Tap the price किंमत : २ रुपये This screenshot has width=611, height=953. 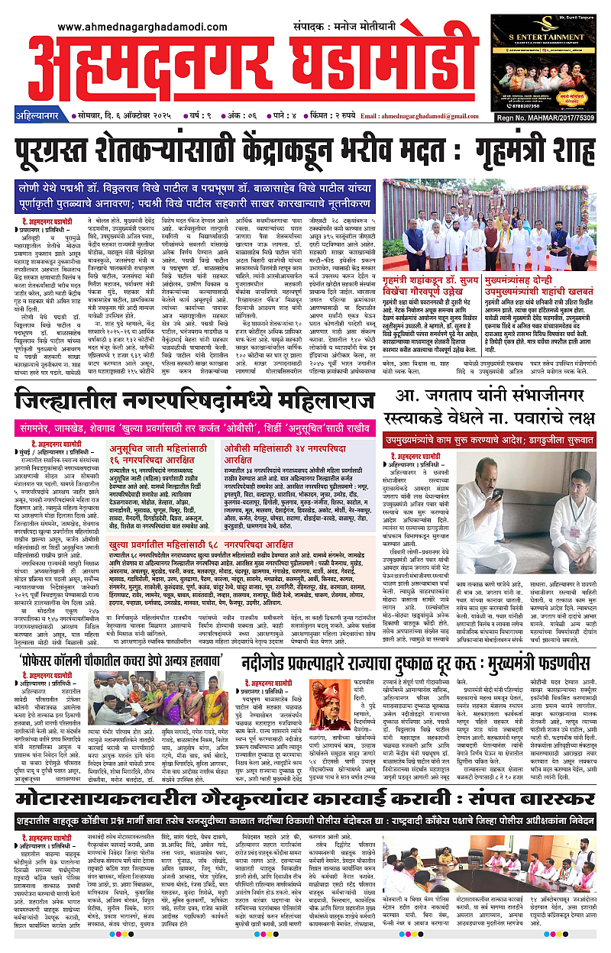pos(322,115)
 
